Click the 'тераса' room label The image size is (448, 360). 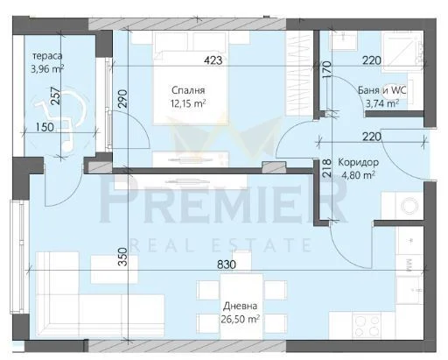pyautogui.click(x=47, y=56)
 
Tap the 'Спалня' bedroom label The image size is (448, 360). pyautogui.click(x=188, y=90)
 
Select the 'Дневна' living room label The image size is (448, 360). pyautogui.click(x=240, y=306)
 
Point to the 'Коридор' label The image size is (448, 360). pyautogui.click(x=359, y=162)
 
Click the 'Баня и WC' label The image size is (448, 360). pyautogui.click(x=382, y=90)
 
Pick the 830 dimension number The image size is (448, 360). pyautogui.click(x=227, y=265)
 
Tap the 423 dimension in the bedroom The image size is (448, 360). pyautogui.click(x=213, y=60)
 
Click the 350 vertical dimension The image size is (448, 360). pyautogui.click(x=123, y=257)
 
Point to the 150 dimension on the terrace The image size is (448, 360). pyautogui.click(x=45, y=127)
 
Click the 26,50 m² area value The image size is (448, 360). pyautogui.click(x=240, y=319)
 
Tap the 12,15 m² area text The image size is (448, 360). pyautogui.click(x=188, y=103)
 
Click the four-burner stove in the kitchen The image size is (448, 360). pyautogui.click(x=367, y=325)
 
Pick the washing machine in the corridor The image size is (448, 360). pyautogui.click(x=402, y=205)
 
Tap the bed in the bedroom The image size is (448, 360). pyautogui.click(x=191, y=78)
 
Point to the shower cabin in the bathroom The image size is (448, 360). pyautogui.click(x=402, y=52)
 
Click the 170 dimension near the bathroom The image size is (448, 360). pyautogui.click(x=327, y=67)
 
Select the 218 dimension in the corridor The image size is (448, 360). pyautogui.click(x=327, y=167)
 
